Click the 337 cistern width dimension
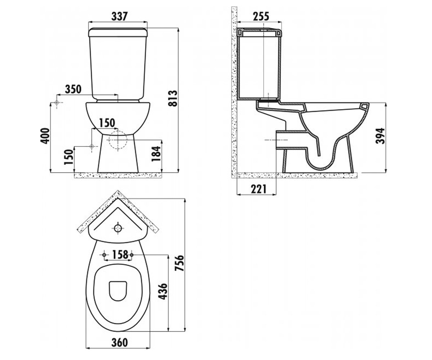click(x=120, y=17)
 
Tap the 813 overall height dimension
click(x=173, y=98)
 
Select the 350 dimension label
click(x=73, y=89)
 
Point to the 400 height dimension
click(x=45, y=136)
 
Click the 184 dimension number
click(x=156, y=154)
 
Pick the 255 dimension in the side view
click(x=261, y=17)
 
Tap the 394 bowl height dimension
click(x=380, y=136)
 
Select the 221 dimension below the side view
click(x=258, y=189)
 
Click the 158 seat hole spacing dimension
click(x=120, y=255)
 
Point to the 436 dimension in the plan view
click(x=163, y=291)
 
